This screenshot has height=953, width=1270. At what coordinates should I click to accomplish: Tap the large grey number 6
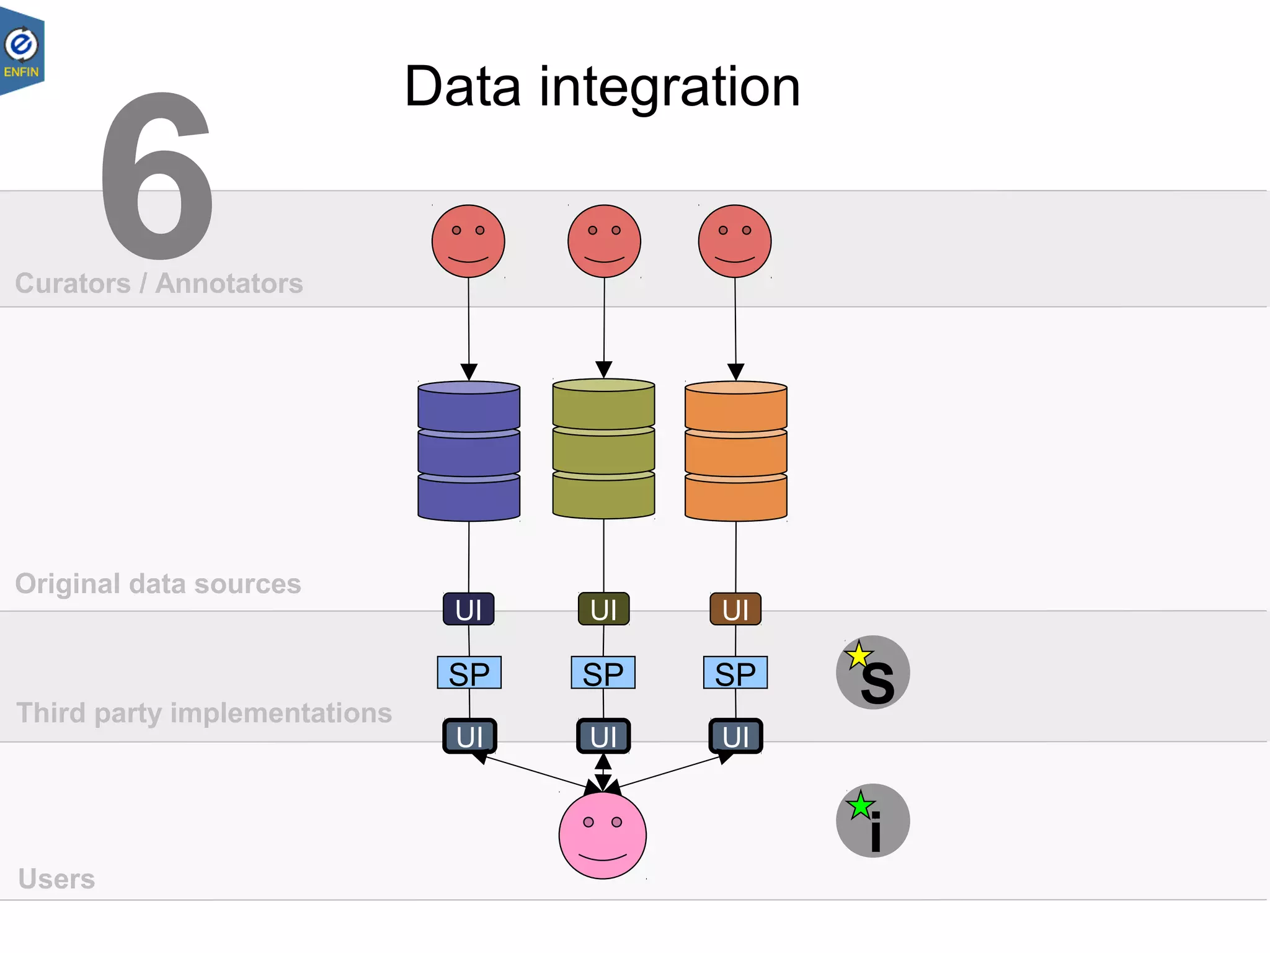point(158,177)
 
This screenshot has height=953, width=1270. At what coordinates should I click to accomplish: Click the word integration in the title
point(669,87)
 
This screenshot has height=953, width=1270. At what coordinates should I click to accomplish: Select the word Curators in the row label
point(73,284)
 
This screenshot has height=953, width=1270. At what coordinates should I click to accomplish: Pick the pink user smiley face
point(602,835)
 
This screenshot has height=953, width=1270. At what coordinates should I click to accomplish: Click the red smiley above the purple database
point(468,241)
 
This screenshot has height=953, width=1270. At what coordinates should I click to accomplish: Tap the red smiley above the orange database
point(735,241)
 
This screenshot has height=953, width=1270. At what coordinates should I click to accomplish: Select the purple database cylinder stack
point(469,451)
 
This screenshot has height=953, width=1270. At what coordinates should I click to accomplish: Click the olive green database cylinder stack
point(603,449)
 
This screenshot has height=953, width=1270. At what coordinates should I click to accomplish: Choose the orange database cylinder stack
point(735,451)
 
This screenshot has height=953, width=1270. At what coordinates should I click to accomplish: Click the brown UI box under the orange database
point(735,609)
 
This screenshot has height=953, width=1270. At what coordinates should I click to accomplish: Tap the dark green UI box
point(603,609)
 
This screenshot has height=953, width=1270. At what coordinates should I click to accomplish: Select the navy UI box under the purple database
point(469,609)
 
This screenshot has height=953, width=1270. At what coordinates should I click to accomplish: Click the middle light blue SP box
point(603,673)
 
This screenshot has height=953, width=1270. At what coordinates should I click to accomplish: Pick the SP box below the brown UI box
point(735,673)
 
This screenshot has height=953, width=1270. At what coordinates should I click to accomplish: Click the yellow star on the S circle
point(859,655)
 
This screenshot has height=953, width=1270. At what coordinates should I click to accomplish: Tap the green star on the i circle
point(861,805)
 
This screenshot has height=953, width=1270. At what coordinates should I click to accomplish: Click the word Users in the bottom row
point(56,879)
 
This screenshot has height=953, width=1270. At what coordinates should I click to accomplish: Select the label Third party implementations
point(204,713)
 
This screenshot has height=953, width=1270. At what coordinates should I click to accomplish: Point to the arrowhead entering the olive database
point(603,370)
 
